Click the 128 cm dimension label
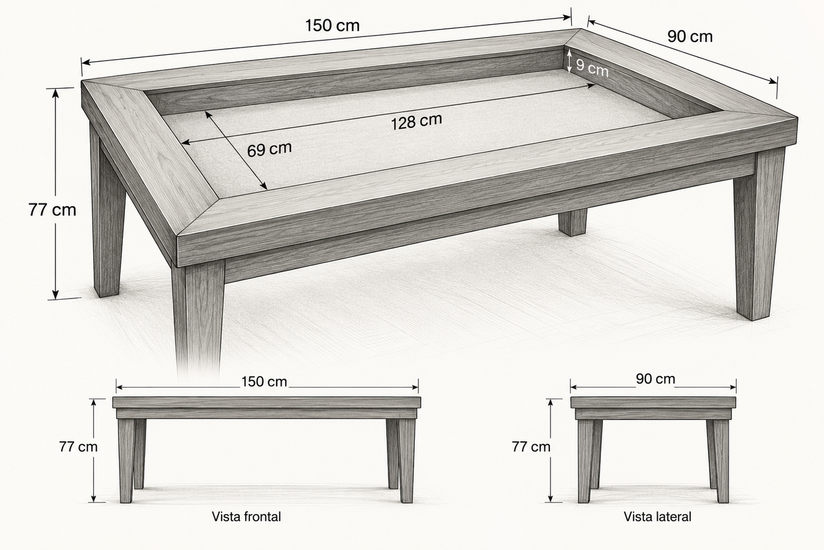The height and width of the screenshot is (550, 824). click(416, 122)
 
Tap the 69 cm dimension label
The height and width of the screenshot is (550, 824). click(269, 150)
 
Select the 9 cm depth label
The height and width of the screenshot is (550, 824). click(592, 68)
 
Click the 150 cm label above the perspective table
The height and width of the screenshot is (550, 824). click(332, 26)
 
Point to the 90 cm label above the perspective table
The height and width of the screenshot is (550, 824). click(690, 37)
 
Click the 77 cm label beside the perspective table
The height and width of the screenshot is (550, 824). click(52, 210)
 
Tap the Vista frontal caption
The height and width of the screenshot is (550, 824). click(246, 516)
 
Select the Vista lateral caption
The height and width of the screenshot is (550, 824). click(657, 516)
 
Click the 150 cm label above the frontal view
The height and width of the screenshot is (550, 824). click(264, 382)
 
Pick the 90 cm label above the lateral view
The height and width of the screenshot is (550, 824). click(656, 379)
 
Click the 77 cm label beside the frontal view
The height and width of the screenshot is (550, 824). click(78, 447)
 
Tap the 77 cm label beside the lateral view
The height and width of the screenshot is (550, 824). click(531, 447)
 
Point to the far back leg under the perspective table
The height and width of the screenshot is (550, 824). click(573, 222)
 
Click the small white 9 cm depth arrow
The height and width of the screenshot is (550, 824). click(569, 61)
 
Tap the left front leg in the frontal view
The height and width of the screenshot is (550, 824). click(126, 461)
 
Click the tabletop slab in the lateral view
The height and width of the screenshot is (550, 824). click(653, 402)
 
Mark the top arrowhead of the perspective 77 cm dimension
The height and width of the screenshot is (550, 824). click(55, 93)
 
